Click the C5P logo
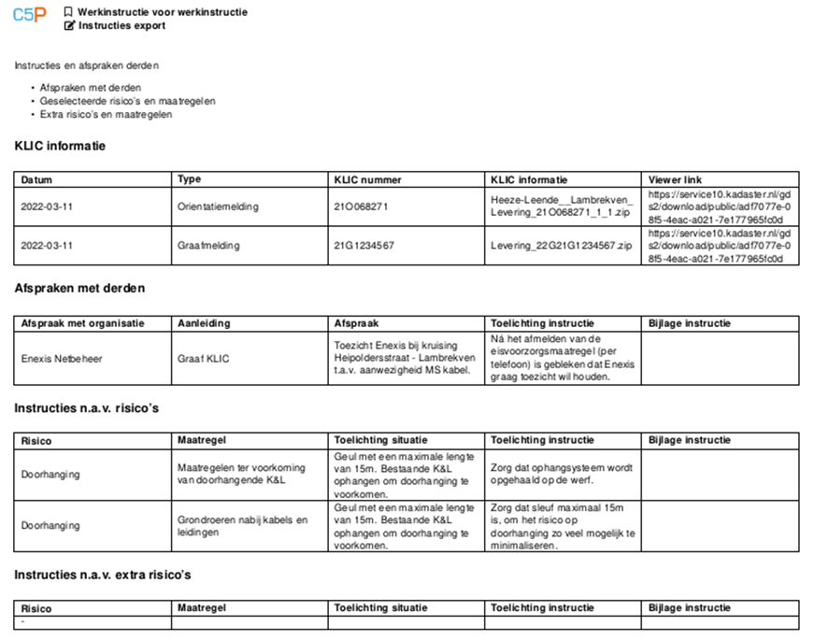click(31, 16)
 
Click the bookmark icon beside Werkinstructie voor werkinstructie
click(69, 12)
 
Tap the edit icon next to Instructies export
click(69, 25)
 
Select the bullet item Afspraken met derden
click(91, 88)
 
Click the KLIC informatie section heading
click(60, 146)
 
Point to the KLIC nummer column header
click(365, 179)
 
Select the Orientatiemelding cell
click(218, 206)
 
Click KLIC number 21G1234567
click(364, 246)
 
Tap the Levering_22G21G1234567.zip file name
click(561, 246)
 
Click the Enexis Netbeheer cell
click(62, 358)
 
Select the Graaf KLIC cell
click(203, 358)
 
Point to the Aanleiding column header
click(204, 323)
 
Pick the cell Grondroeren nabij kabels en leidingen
click(242, 526)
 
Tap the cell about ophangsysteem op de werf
click(562, 474)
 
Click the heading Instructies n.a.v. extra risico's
click(103, 575)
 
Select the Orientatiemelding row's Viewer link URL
click(719, 206)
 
